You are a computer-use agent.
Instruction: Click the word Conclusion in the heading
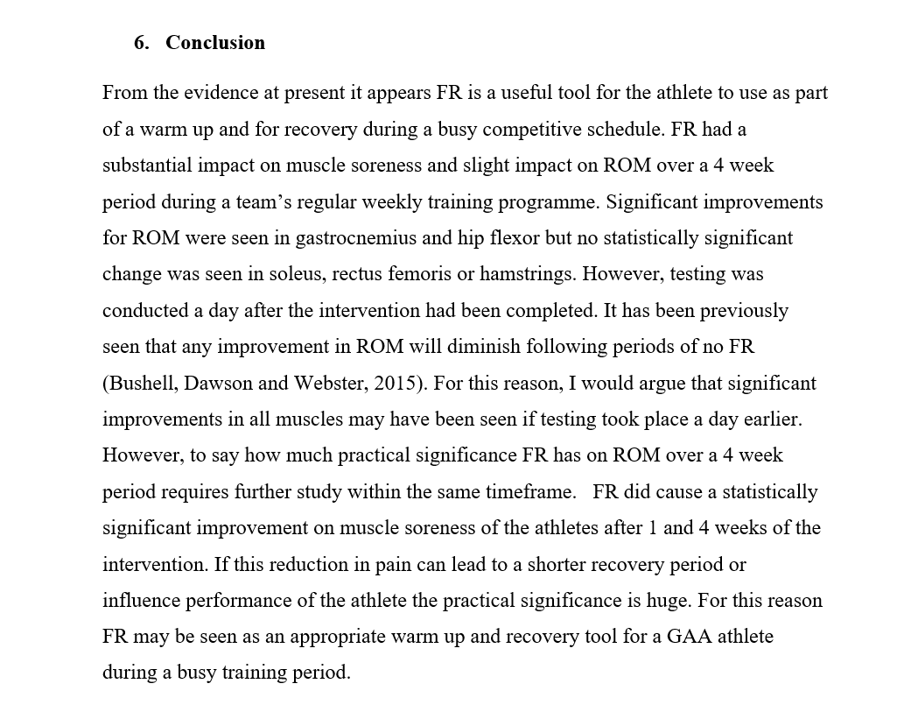click(214, 43)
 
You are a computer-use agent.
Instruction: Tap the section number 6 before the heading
click(139, 43)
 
